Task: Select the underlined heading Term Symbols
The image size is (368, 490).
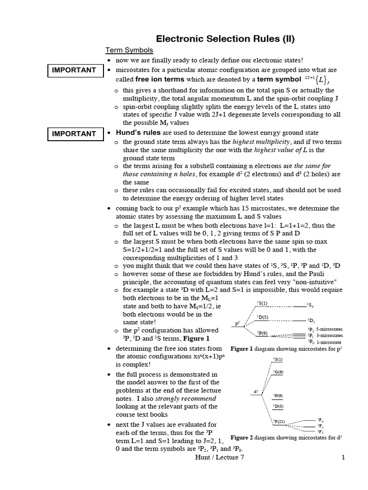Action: tap(129, 50)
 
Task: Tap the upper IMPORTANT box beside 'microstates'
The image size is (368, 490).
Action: tap(74, 70)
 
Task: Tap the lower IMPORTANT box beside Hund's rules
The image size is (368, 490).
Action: tap(74, 134)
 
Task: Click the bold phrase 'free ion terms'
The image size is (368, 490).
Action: tap(159, 79)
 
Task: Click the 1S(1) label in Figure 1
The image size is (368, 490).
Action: tap(263, 303)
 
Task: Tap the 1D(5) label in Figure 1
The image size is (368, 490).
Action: tap(263, 317)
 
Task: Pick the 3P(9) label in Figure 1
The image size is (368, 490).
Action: tap(263, 333)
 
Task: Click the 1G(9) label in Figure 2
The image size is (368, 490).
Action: tap(278, 371)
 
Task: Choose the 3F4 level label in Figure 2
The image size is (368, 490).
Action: tap(320, 419)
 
